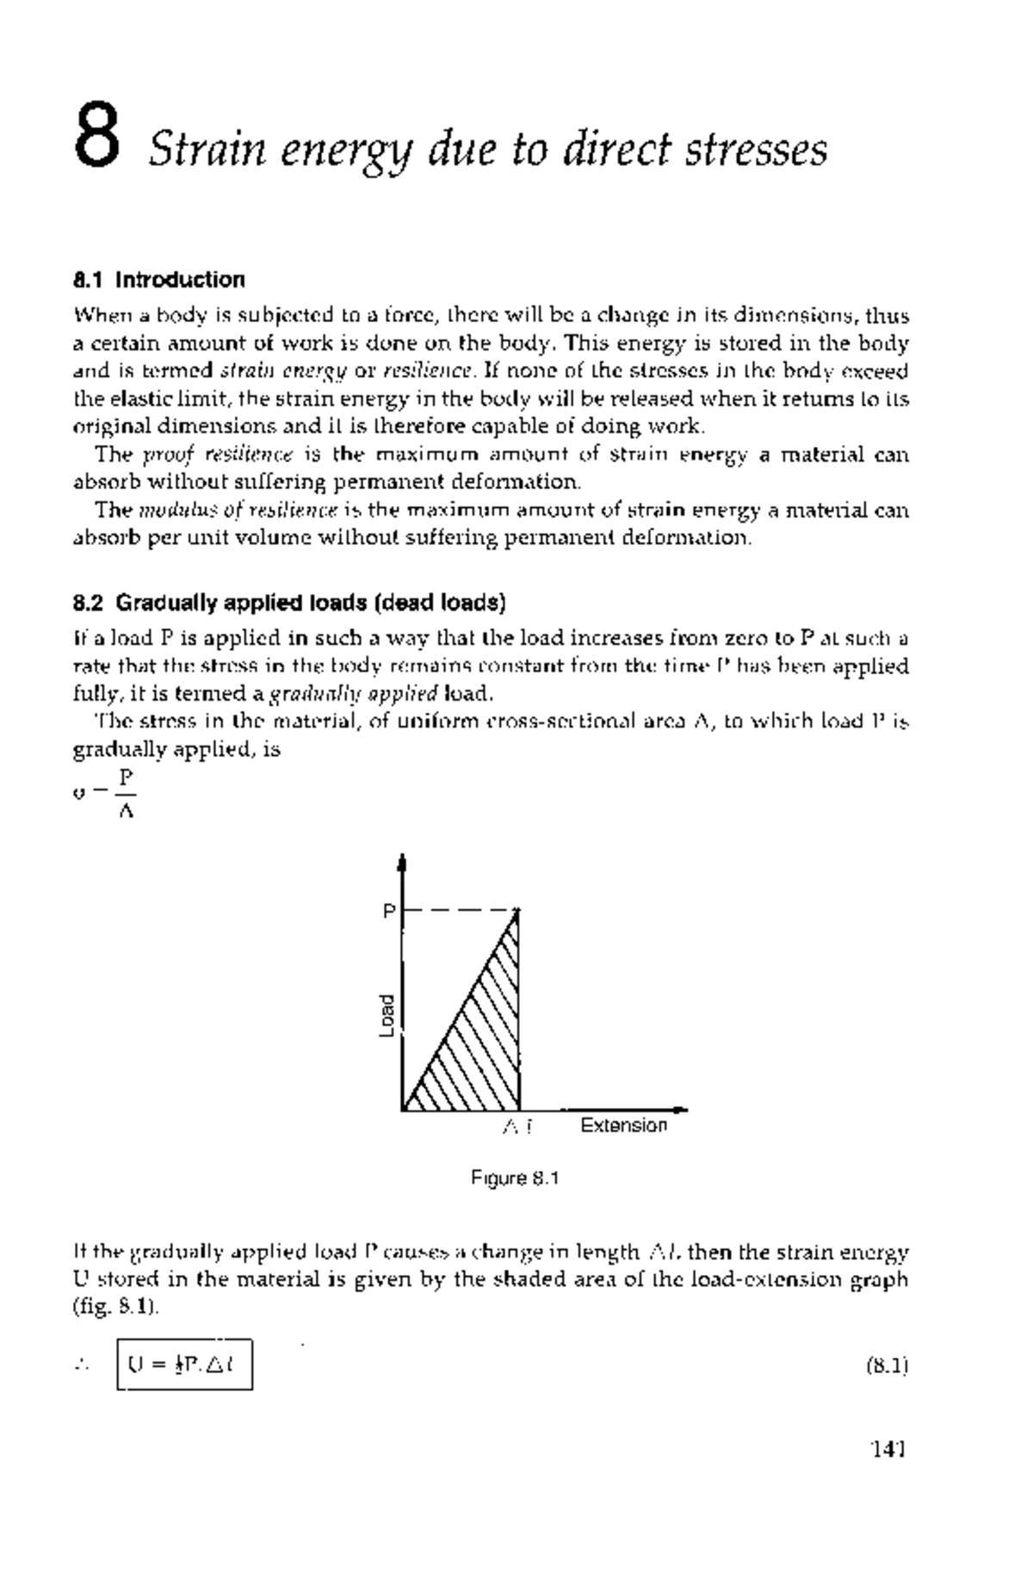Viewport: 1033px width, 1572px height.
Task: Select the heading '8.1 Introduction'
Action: point(159,280)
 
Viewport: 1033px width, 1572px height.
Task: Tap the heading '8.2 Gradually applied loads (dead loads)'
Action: point(289,603)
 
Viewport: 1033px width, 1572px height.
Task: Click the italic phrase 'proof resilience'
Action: point(218,455)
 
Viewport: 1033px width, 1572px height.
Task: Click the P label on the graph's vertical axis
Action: point(389,911)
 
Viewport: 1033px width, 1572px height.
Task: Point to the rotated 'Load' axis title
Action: point(387,1016)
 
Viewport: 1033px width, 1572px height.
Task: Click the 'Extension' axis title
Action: point(623,1126)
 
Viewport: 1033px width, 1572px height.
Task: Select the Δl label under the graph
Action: point(517,1126)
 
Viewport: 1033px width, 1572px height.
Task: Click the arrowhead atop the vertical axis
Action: point(402,862)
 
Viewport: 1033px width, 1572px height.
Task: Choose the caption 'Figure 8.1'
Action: point(515,1179)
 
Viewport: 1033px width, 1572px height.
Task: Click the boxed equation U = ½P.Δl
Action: point(184,1365)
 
